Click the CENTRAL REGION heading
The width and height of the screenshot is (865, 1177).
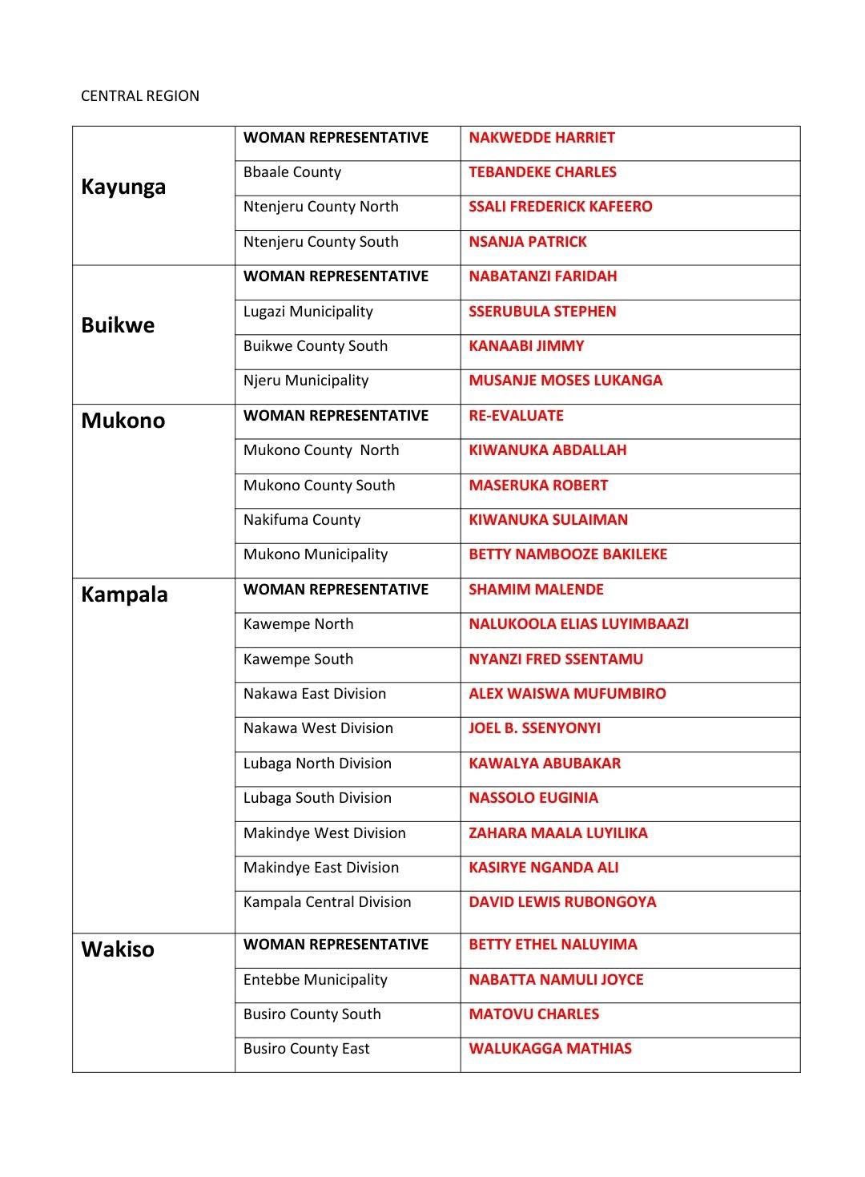click(140, 96)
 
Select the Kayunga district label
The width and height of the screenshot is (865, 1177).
click(123, 187)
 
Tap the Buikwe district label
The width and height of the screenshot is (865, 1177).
click(118, 325)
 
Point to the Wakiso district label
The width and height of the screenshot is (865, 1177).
click(118, 949)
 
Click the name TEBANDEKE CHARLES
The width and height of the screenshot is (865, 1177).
click(542, 172)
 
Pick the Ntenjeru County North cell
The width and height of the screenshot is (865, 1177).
click(320, 207)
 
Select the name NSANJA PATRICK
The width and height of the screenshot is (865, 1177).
click(528, 242)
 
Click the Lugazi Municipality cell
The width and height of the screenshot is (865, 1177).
click(308, 312)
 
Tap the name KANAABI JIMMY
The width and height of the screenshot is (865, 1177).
click(526, 346)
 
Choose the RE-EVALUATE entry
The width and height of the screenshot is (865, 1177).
click(516, 416)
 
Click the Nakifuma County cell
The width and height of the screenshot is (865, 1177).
click(302, 520)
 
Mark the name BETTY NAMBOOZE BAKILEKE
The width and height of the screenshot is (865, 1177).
click(568, 554)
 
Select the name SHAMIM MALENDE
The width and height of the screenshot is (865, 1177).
click(536, 590)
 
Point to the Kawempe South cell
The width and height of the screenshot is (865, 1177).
click(298, 659)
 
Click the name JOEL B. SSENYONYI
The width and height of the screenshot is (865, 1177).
click(534, 728)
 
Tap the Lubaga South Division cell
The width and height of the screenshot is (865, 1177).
click(317, 798)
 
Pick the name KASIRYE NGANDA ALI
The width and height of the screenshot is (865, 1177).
click(543, 868)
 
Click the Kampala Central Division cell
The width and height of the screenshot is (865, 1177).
click(327, 902)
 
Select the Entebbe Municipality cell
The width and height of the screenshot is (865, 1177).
click(315, 980)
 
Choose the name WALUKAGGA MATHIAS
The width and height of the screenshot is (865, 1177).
click(550, 1049)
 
